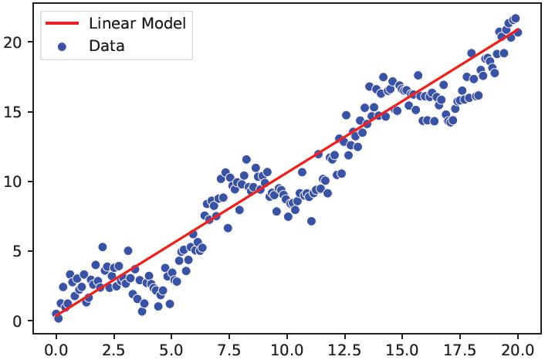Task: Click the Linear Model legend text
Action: [x=137, y=23]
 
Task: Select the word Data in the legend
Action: [x=107, y=46]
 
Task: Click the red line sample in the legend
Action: [x=63, y=23]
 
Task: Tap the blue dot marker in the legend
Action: [x=63, y=46]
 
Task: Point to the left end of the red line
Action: [x=56, y=314]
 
